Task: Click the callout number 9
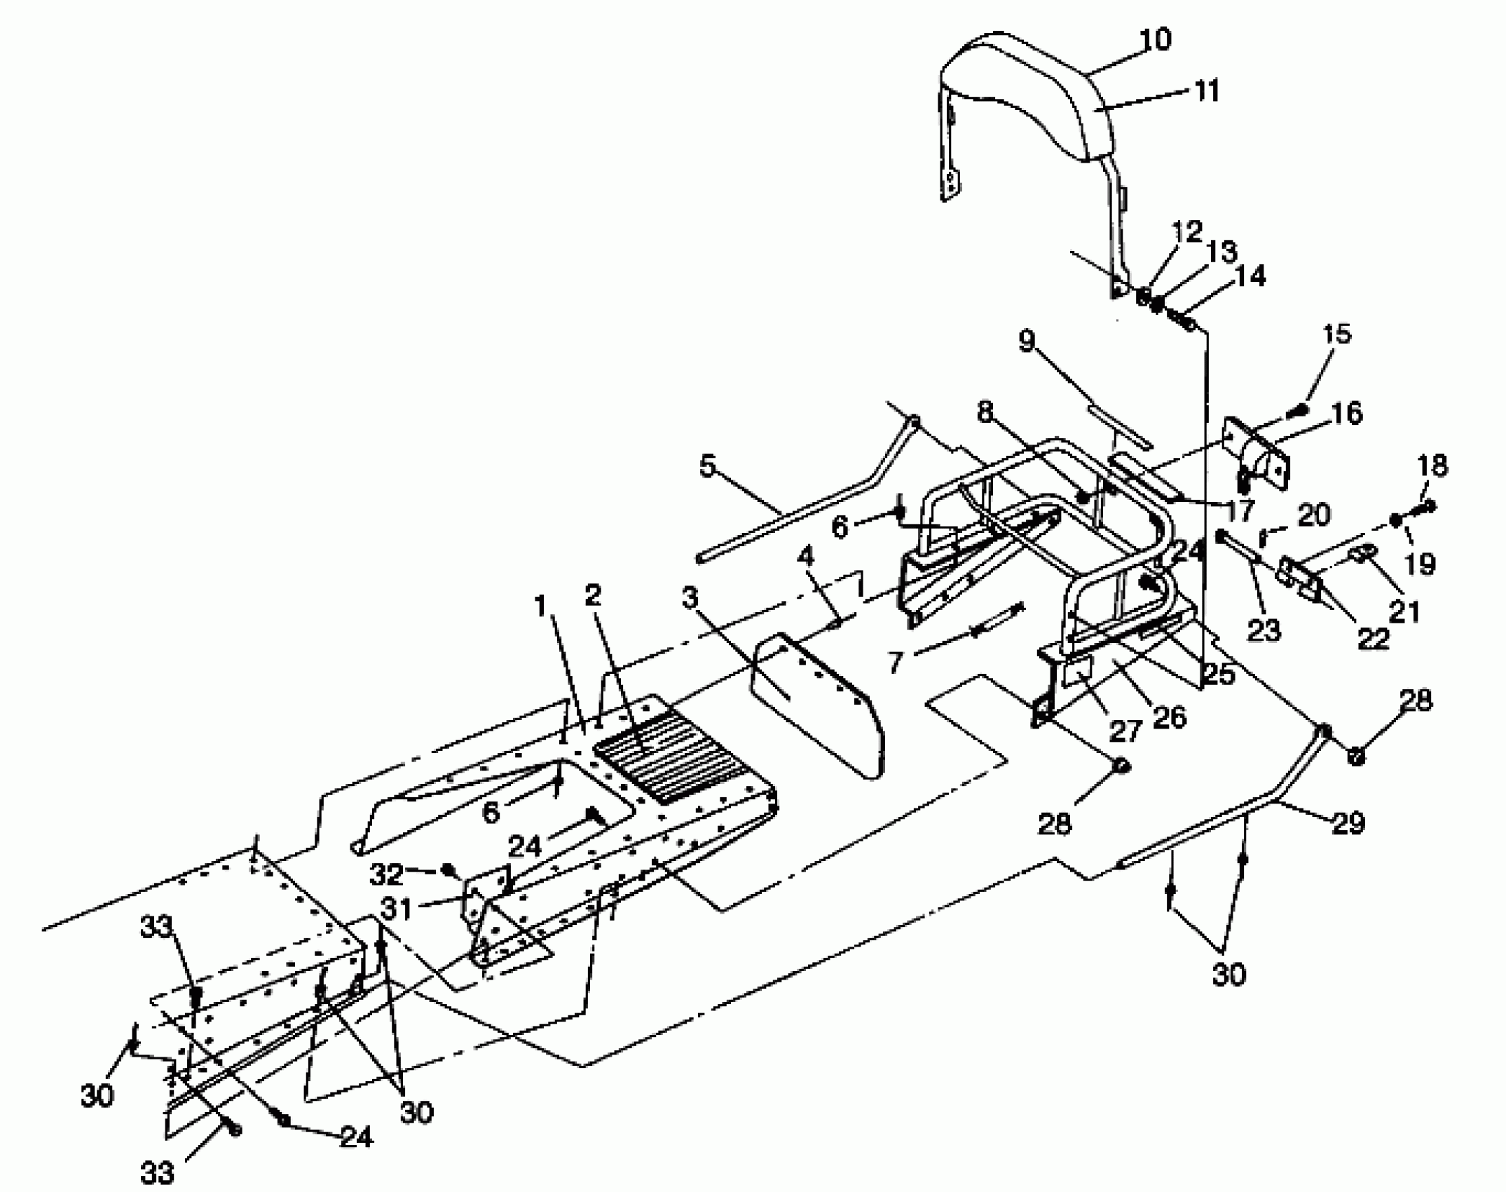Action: [x=1026, y=341]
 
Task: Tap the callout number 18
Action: [x=1432, y=466]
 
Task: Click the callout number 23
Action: [x=1264, y=630]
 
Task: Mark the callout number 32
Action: [x=387, y=874]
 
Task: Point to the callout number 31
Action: [x=396, y=909]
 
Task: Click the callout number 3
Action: [x=690, y=598]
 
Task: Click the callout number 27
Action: [x=1126, y=731]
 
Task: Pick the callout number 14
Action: [x=1251, y=276]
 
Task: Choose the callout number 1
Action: [x=540, y=607]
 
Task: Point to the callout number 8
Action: [x=986, y=412]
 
